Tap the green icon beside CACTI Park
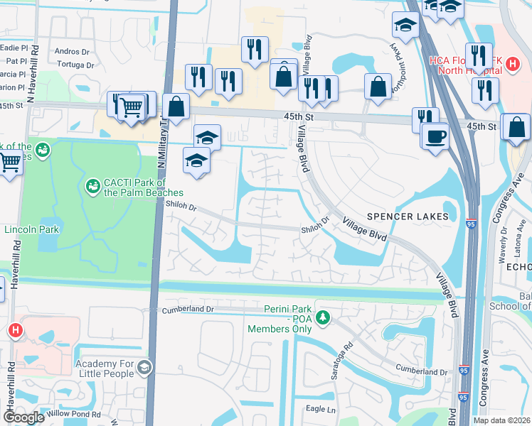pyautogui.click(x=92, y=186)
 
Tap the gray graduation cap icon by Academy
pyautogui.click(x=144, y=366)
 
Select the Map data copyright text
pyautogui.click(x=501, y=420)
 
